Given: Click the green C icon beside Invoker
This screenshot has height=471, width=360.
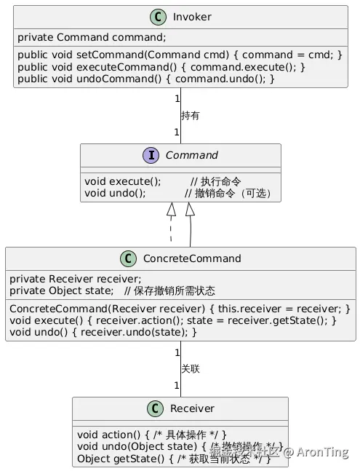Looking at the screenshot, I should pos(158,17).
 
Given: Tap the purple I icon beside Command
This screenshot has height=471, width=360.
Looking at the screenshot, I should pos(152,155).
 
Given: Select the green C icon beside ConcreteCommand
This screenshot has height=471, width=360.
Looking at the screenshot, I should pos(128,258).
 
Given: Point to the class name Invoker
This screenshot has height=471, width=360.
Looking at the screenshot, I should pos(192,17).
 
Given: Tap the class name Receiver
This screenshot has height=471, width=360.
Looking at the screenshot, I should pos(193,408).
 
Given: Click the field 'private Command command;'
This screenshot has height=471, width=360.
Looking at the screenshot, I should pos(92,37).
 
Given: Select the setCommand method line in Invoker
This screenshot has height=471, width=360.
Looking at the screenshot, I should pos(179,55).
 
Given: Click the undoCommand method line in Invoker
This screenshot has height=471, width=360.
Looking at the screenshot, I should pos(145,79).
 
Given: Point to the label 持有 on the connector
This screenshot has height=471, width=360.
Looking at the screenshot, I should pos(190,115).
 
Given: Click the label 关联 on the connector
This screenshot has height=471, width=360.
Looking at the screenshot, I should pos(190,368).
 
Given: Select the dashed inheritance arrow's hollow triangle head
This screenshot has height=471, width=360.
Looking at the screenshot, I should pos(172,210).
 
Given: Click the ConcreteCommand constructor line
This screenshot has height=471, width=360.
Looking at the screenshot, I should pos(179,309).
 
